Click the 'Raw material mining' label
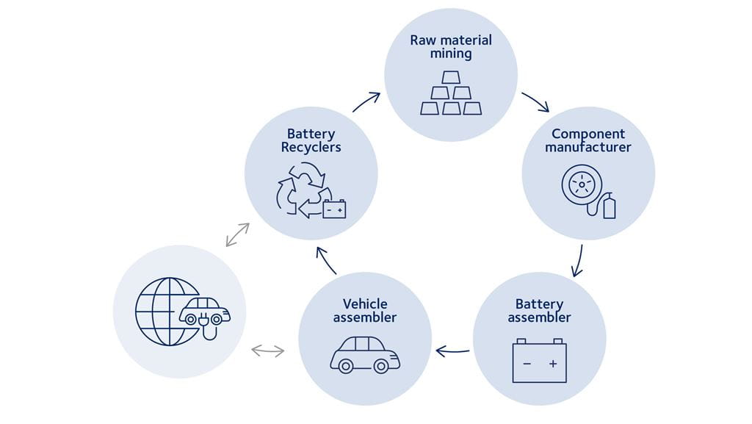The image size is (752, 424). point(450,46)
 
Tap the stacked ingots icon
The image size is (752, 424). point(451,93)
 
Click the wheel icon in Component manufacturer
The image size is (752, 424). point(582,184)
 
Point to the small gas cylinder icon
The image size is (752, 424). point(609,206)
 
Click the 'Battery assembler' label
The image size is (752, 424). point(539,311)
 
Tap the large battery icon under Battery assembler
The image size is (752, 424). point(539,361)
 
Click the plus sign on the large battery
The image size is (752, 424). point(553,364)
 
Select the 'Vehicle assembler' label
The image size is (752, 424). point(365,311)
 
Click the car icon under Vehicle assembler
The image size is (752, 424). point(365,355)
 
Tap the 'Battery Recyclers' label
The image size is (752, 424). point(311,140)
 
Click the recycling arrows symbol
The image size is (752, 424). point(300,190)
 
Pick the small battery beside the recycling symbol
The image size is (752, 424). point(334,209)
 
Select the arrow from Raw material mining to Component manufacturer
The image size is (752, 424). point(535,102)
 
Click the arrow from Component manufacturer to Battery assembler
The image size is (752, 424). point(578,261)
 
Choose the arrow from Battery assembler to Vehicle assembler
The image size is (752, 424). point(452,351)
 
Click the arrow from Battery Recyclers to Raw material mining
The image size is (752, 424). point(366,102)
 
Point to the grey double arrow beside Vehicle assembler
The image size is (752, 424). point(267,351)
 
